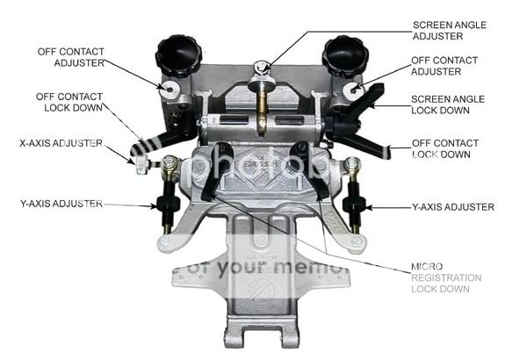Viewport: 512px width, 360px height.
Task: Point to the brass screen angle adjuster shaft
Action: (262, 110)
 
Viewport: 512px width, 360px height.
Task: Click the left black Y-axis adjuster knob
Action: (166, 204)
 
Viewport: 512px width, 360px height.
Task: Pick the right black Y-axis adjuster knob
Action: (355, 205)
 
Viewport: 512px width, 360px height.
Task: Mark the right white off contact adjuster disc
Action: (355, 90)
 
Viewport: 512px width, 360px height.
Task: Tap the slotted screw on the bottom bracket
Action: (259, 290)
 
